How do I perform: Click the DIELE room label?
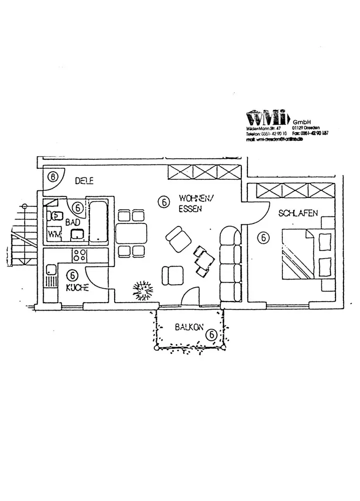pyautogui.click(x=84, y=181)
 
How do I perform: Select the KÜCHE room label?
pyautogui.click(x=77, y=288)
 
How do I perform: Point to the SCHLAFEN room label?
pyautogui.click(x=298, y=213)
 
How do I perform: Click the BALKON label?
pyautogui.click(x=189, y=328)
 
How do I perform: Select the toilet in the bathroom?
pyautogui.click(x=55, y=216)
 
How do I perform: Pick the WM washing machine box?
pyautogui.click(x=54, y=234)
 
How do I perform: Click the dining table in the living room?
pyautogui.click(x=131, y=233)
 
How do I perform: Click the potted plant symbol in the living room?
pyautogui.click(x=143, y=289)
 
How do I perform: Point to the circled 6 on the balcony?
pyautogui.click(x=211, y=334)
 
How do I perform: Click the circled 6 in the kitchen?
pyautogui.click(x=72, y=275)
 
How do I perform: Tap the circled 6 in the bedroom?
pyautogui.click(x=263, y=238)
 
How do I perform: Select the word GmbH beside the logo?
pyautogui.click(x=302, y=122)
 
